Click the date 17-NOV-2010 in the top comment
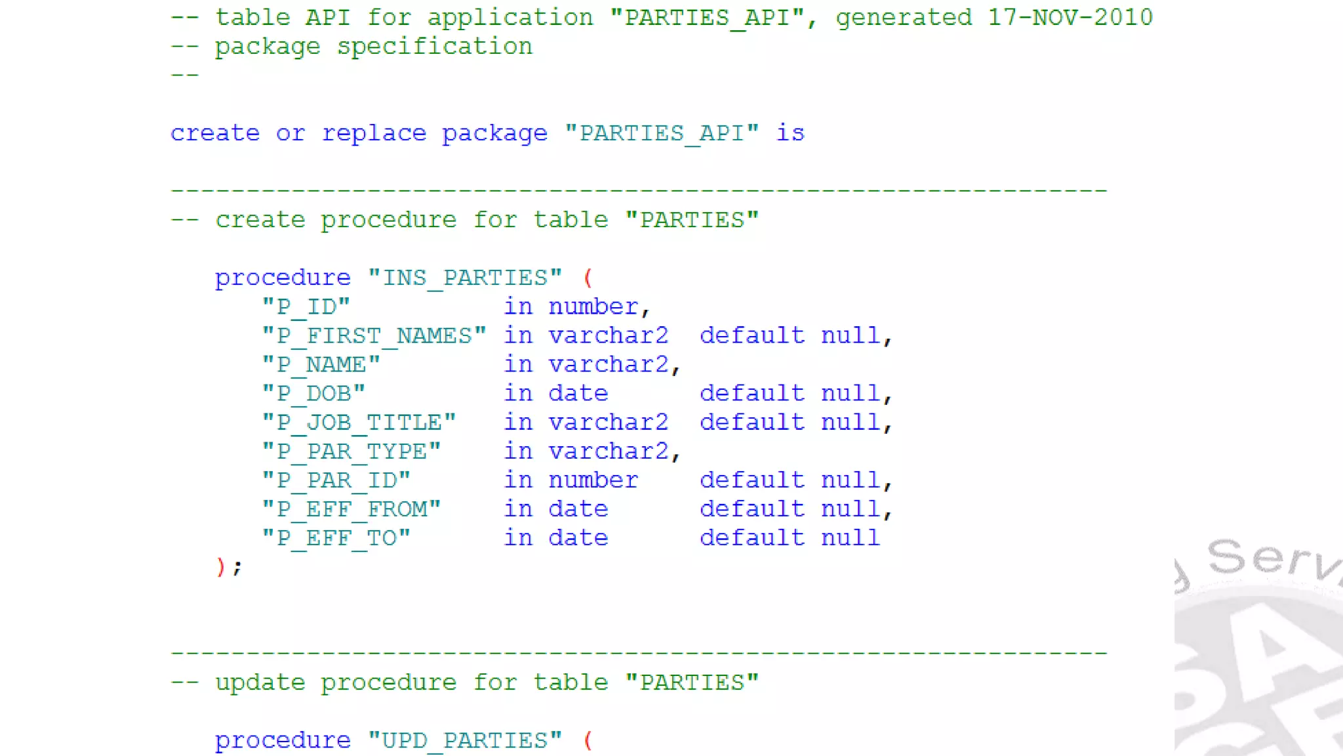1070,18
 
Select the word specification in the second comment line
434,47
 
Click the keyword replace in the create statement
374,134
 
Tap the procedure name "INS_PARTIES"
464,278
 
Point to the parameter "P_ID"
306,307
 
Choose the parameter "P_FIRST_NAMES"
374,336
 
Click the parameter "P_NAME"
321,365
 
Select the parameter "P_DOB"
313,394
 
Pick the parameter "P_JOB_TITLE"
359,423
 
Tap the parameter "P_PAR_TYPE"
351,451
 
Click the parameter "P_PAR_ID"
336,480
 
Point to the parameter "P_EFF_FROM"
351,509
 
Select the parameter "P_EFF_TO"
336,538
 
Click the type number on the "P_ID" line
593,307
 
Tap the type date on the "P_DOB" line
578,394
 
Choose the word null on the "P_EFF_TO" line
850,538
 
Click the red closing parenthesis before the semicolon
220,566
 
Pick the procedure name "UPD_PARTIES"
464,741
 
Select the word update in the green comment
260,683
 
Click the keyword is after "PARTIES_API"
790,134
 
